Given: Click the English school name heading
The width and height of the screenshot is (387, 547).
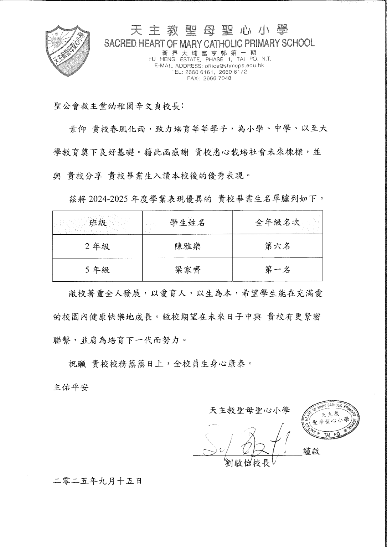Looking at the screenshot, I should click(209, 43).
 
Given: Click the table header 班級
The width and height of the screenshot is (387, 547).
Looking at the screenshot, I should click(97, 223).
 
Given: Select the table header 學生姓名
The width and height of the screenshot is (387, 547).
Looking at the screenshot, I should click(187, 223).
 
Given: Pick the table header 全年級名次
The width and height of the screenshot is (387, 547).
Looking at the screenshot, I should click(278, 223).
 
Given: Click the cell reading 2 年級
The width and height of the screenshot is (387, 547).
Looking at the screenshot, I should click(97, 246).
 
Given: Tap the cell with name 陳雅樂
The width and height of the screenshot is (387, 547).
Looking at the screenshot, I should click(187, 246).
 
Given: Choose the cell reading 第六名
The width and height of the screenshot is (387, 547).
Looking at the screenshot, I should click(278, 246).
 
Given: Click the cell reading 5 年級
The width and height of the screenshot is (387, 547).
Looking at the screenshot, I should click(97, 270).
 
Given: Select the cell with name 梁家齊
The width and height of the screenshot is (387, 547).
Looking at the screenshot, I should click(187, 270).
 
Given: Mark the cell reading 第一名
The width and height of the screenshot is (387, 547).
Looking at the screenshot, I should click(278, 270).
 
